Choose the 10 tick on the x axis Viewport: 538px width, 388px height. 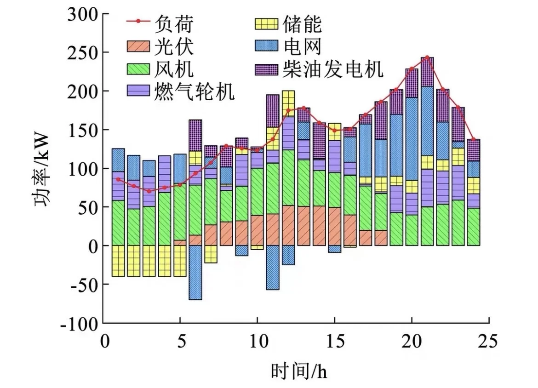tap(257, 342)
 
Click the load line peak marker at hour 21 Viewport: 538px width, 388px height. tap(427, 57)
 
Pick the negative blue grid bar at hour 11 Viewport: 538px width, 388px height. tap(273, 267)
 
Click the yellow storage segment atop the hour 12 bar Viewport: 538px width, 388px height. tap(288, 99)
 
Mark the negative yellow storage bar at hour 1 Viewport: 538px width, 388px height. tap(118, 261)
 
